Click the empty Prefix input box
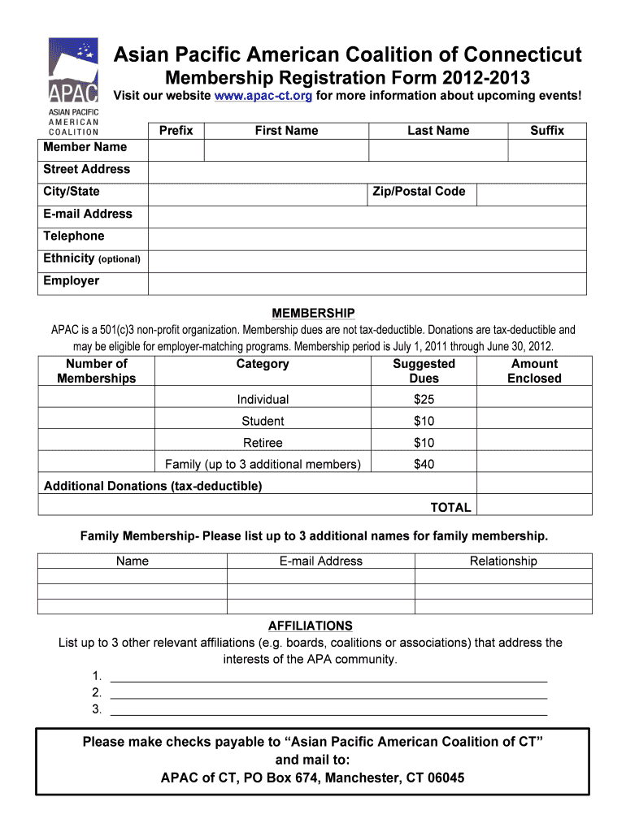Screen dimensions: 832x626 tap(176, 150)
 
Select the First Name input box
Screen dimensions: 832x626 tap(286, 150)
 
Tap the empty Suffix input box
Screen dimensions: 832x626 tap(546, 150)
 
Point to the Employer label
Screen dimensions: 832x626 tap(72, 281)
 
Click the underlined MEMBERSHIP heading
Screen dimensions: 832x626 tap(313, 313)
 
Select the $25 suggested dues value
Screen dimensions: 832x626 tap(424, 400)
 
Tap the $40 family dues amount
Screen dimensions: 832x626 tap(424, 465)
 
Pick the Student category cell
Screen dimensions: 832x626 tap(263, 421)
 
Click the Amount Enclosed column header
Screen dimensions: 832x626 tap(534, 371)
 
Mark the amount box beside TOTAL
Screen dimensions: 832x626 tap(534, 506)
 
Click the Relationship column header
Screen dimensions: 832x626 tap(503, 561)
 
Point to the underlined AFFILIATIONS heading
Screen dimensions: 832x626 tap(311, 626)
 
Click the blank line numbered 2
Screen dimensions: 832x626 tap(328, 692)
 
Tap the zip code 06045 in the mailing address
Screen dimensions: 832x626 tap(446, 778)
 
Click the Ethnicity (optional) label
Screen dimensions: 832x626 tap(92, 258)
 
